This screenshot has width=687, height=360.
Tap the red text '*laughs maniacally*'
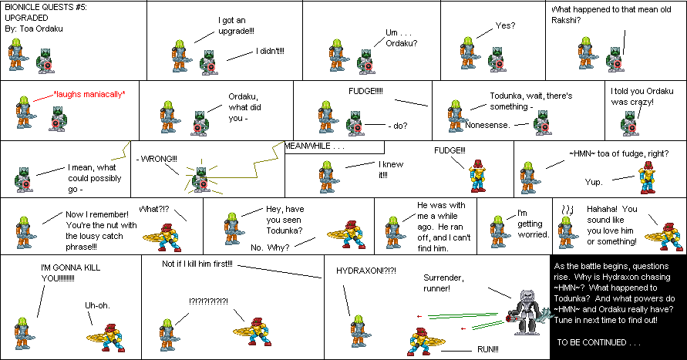click(89, 94)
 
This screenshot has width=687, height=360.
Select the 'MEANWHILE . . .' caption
click(315, 146)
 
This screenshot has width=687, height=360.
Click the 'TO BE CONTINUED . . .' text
click(598, 341)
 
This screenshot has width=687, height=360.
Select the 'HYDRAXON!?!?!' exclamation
click(366, 271)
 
